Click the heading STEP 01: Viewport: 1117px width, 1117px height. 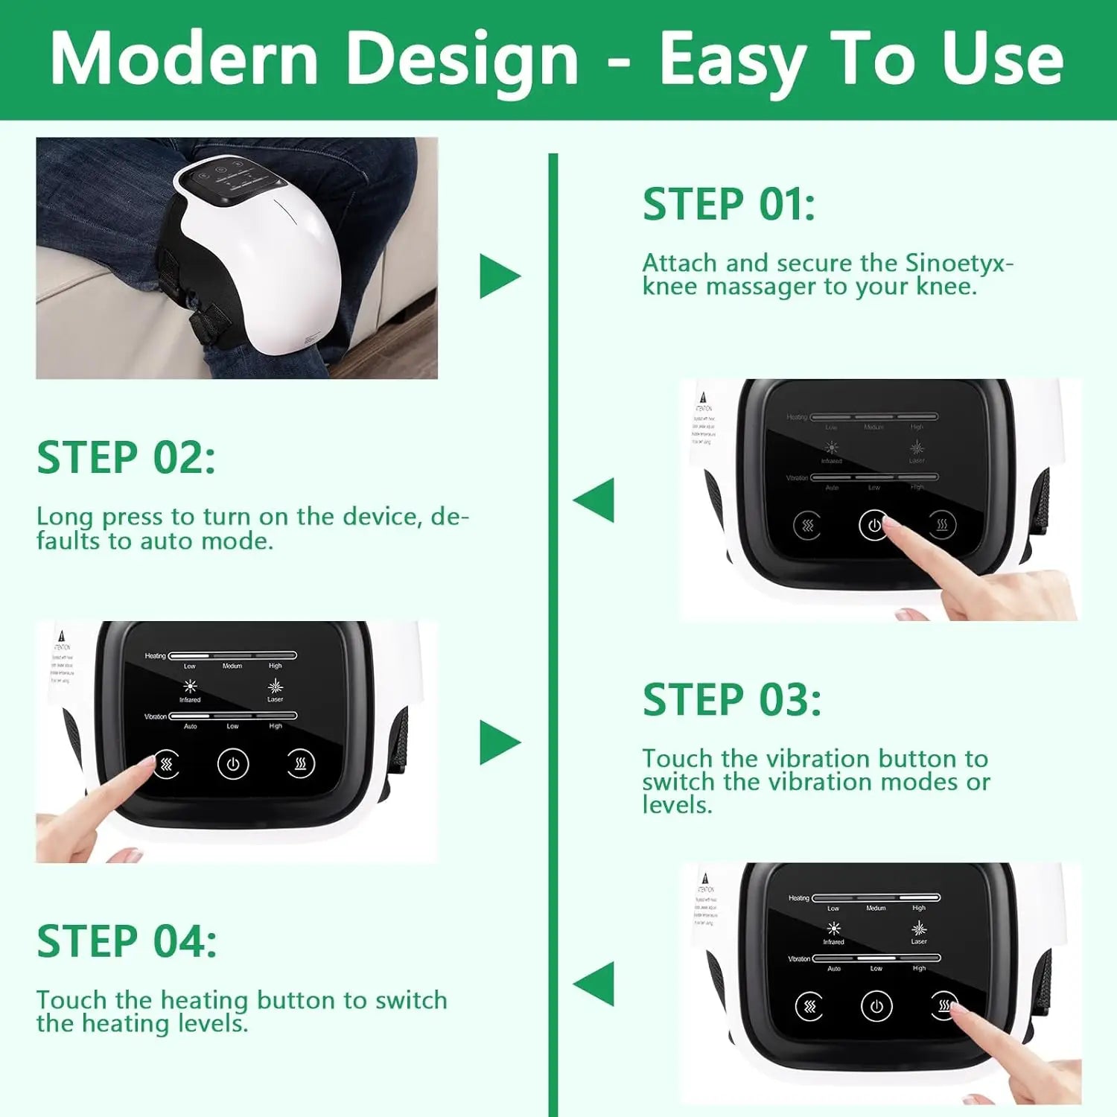tap(728, 205)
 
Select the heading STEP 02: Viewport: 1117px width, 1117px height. tap(126, 458)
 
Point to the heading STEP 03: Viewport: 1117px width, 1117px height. tap(731, 701)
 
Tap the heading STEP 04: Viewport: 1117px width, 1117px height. tap(127, 942)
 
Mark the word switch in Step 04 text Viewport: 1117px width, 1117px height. tap(411, 1000)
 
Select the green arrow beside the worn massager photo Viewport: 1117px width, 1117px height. tap(499, 276)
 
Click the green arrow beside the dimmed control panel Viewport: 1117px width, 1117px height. tap(594, 500)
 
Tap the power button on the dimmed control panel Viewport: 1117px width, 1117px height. tap(873, 525)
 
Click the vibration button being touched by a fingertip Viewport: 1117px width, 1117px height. tap(166, 764)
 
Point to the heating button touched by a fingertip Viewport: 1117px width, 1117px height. tap(943, 1006)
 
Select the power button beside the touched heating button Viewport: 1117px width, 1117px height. tap(876, 1007)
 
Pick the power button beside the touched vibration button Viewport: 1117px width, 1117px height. tap(233, 764)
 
